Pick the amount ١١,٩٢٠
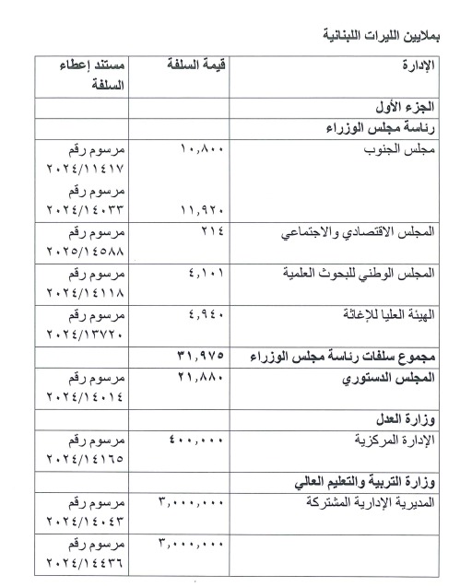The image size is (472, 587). point(195,210)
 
